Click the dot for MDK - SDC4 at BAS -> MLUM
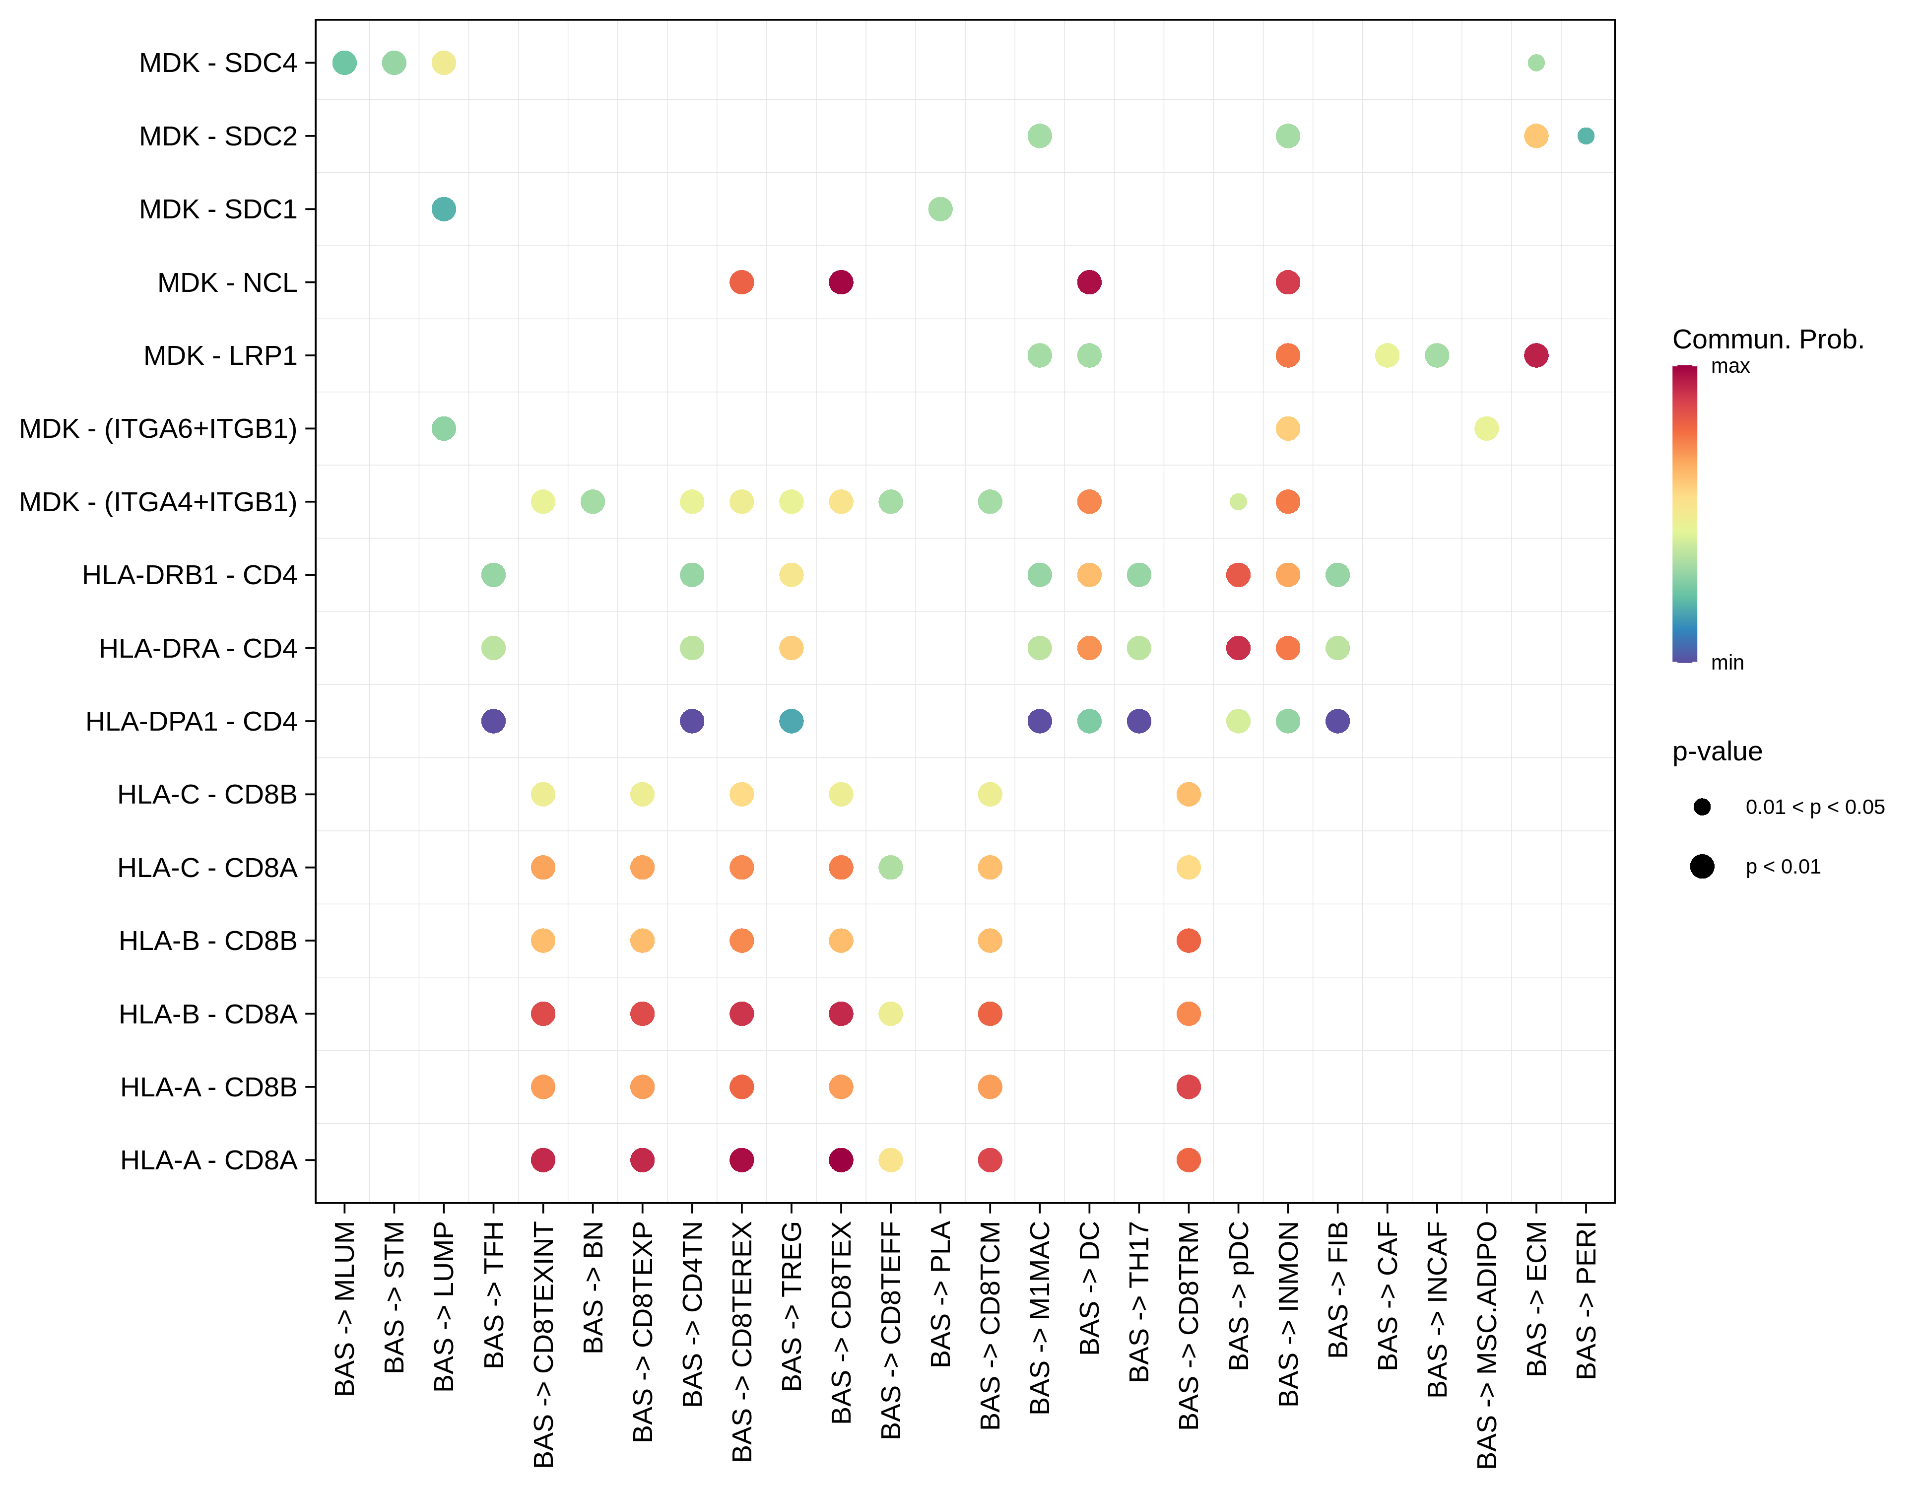pyautogui.click(x=344, y=63)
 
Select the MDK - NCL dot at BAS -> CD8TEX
pyautogui.click(x=841, y=282)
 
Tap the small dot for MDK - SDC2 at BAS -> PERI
pyautogui.click(x=1585, y=135)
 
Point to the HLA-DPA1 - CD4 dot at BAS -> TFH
pyautogui.click(x=493, y=721)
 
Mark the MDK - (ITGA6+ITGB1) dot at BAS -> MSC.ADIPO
pyautogui.click(x=1486, y=429)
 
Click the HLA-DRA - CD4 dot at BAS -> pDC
pyautogui.click(x=1238, y=648)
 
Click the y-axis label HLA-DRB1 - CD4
pyautogui.click(x=189, y=575)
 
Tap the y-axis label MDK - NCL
pyautogui.click(x=227, y=282)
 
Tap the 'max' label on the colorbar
pyautogui.click(x=1730, y=366)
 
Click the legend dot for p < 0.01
pyautogui.click(x=1702, y=867)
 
